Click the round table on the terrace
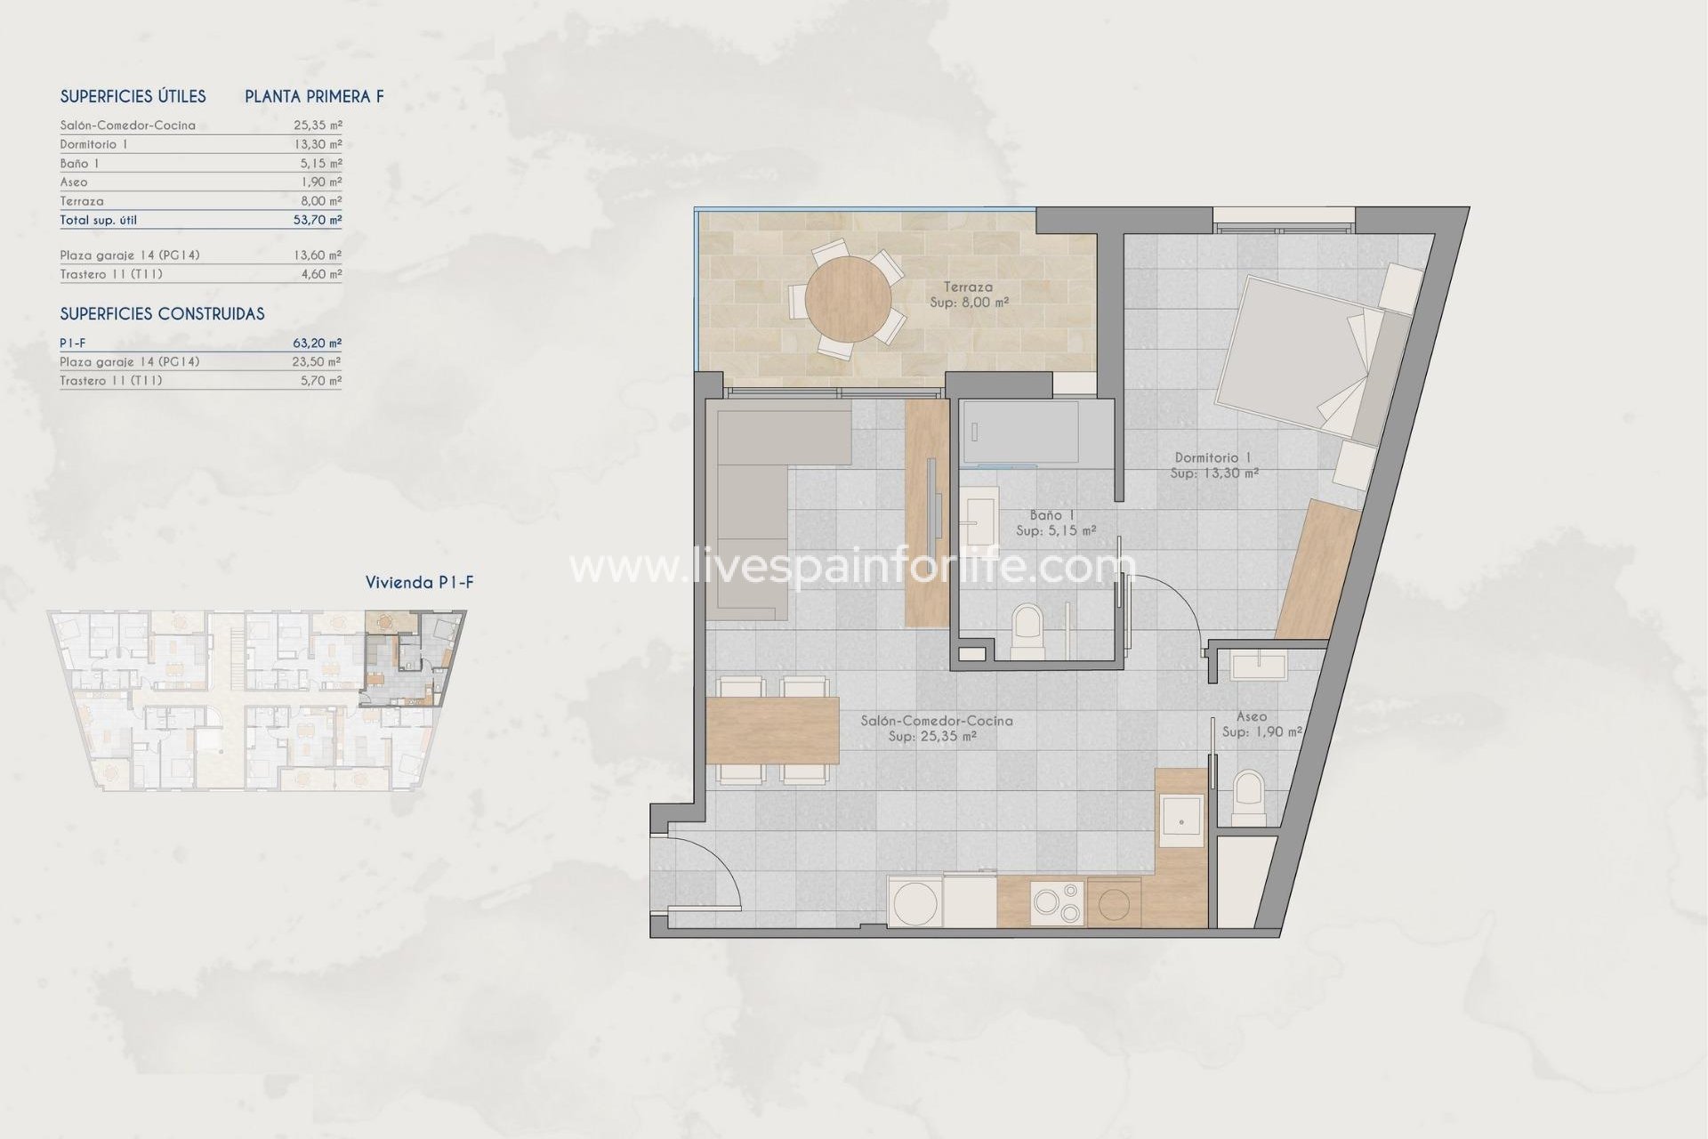(x=848, y=298)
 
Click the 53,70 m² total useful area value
(x=318, y=220)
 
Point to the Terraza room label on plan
(x=968, y=287)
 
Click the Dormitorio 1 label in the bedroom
(x=1213, y=457)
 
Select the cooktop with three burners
(x=1057, y=903)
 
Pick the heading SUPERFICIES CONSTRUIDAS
(x=162, y=314)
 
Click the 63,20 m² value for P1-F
(x=318, y=343)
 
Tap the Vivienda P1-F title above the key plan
(x=419, y=583)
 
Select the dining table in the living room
(x=772, y=731)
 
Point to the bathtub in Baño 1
(x=1019, y=432)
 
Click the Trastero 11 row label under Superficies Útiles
(x=111, y=274)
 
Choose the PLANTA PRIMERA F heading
(x=314, y=97)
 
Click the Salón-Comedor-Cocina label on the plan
(x=936, y=721)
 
